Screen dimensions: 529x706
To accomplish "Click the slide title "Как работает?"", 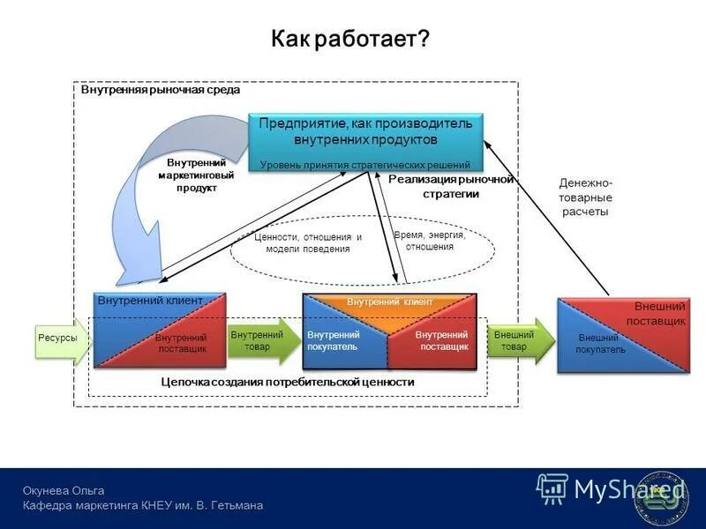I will [x=349, y=39].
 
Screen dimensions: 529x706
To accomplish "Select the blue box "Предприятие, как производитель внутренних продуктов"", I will [x=365, y=141].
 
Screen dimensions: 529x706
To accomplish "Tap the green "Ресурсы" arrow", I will [x=60, y=339].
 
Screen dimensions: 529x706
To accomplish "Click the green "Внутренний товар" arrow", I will [x=261, y=340].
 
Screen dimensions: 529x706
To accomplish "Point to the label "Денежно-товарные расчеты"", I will [x=584, y=197].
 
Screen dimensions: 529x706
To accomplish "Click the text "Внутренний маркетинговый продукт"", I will [x=196, y=175].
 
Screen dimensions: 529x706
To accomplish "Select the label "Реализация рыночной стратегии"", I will [x=450, y=186].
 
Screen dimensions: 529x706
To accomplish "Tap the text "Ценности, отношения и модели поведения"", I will [x=307, y=243].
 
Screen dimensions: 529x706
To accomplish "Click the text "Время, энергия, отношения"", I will [x=429, y=241].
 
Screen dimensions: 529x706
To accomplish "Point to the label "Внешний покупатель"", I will [x=600, y=344].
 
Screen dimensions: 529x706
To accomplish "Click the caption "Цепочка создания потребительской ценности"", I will [x=287, y=383].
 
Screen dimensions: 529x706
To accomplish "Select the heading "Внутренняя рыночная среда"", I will [x=160, y=90].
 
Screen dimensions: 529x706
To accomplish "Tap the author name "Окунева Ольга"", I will [x=64, y=490].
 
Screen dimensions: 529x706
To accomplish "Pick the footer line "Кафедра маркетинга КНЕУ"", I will [x=142, y=505].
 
